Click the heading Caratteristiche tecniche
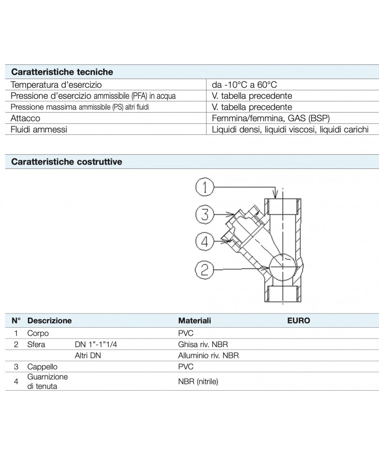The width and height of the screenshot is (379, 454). click(x=62, y=72)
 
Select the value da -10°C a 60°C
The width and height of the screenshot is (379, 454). click(x=244, y=85)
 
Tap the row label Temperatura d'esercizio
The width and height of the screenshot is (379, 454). click(x=56, y=85)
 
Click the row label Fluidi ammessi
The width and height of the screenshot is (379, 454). click(x=39, y=129)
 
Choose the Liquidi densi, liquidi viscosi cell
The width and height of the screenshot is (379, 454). click(x=290, y=129)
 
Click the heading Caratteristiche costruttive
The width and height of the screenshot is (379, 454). click(x=66, y=162)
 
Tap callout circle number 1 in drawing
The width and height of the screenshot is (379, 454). click(x=205, y=188)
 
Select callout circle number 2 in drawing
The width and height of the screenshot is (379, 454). click(x=205, y=269)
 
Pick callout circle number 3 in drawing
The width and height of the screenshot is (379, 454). click(x=205, y=215)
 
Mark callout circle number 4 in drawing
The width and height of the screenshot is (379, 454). click(x=205, y=242)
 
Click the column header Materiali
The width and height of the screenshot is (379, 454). click(x=194, y=321)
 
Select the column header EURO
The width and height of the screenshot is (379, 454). click(x=298, y=321)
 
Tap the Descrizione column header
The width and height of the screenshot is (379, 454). click(x=49, y=321)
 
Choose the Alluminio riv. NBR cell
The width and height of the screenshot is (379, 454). click(x=208, y=355)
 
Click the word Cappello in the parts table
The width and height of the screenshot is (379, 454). click(x=42, y=367)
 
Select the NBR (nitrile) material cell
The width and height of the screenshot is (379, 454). click(x=198, y=382)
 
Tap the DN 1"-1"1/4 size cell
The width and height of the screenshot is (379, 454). click(x=96, y=344)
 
